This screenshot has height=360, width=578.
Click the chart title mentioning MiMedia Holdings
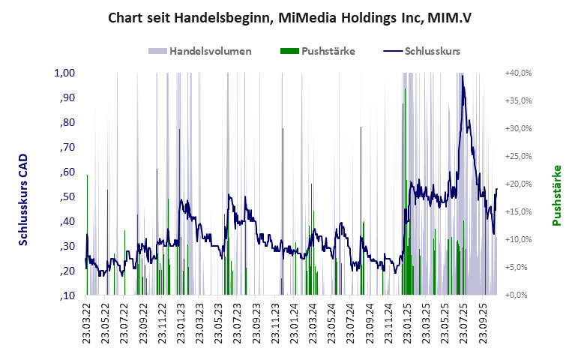(289, 16)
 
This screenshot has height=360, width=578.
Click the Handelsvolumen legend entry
(199, 51)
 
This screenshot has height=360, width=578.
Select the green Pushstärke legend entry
(317, 51)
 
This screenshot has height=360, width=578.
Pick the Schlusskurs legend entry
(421, 51)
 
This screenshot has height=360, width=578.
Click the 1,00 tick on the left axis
(64, 73)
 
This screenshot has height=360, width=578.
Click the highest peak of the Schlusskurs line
(463, 75)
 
